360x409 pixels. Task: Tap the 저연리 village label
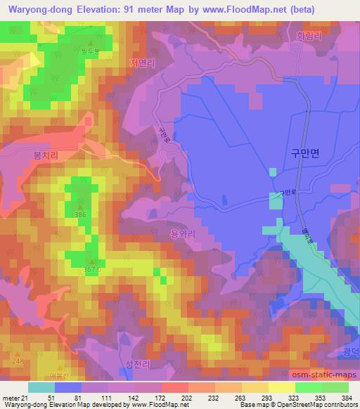(x=143, y=62)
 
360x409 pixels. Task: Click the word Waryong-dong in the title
(x=34, y=10)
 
